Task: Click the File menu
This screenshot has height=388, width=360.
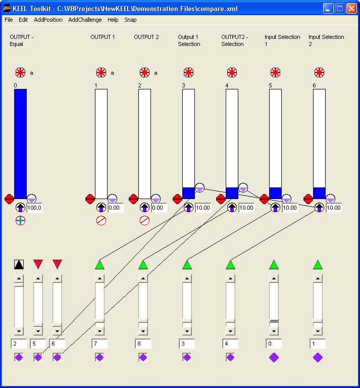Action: click(9, 20)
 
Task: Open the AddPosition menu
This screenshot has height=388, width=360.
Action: click(48, 20)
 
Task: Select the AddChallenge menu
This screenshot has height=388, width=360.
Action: click(85, 20)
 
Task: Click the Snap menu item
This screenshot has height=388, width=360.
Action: click(130, 20)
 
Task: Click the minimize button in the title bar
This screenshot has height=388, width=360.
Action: click(328, 9)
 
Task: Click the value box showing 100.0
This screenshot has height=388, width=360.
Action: click(35, 208)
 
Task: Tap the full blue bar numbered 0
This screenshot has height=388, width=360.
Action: click(20, 143)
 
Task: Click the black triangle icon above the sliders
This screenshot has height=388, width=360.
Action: click(19, 264)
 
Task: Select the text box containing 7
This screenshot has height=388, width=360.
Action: click(99, 344)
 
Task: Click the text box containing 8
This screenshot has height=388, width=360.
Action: click(143, 344)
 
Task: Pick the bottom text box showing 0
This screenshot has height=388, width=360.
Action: click(274, 344)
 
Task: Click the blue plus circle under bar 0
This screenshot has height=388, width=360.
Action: click(20, 220)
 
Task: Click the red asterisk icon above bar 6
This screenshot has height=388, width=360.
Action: click(319, 73)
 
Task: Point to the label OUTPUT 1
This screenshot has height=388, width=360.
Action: click(102, 37)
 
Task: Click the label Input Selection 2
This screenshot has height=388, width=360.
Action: click(326, 40)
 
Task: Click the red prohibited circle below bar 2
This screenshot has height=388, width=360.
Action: click(144, 220)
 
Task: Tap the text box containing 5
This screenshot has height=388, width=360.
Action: click(38, 344)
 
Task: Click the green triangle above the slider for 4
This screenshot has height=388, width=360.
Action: click(230, 264)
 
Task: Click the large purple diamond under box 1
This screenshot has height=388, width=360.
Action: click(318, 358)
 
